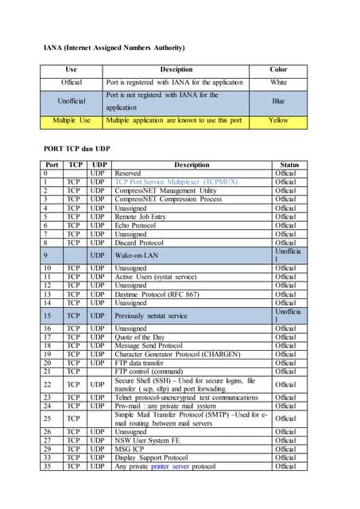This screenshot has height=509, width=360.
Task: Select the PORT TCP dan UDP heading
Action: click(x=77, y=149)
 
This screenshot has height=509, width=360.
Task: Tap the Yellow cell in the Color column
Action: click(x=278, y=120)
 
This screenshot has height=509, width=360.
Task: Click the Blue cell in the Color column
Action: click(x=278, y=101)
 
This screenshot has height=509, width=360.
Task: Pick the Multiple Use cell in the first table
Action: click(x=72, y=120)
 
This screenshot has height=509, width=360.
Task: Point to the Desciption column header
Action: click(x=176, y=69)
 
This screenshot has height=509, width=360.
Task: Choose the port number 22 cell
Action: click(x=48, y=384)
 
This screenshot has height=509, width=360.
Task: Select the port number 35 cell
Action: click(x=48, y=466)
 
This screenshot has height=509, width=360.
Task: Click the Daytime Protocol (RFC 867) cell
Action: click(x=158, y=294)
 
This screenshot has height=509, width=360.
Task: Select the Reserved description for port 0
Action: click(x=128, y=173)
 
